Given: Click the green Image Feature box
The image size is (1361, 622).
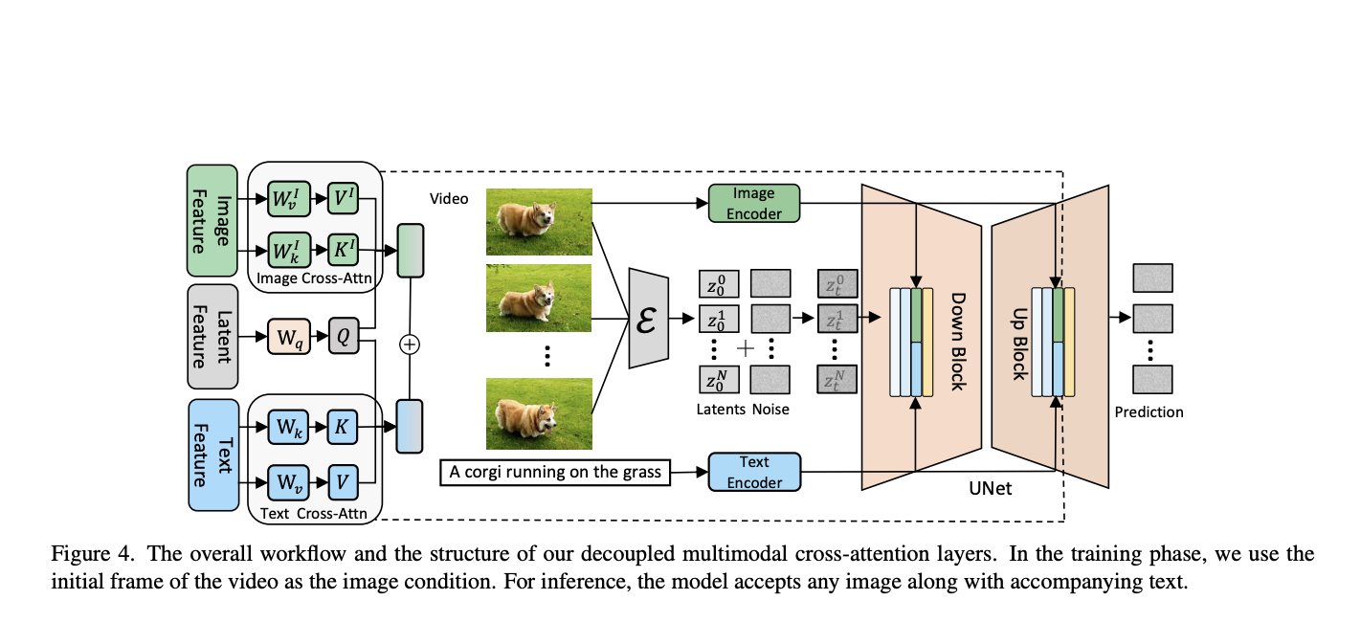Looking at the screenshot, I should click(212, 221).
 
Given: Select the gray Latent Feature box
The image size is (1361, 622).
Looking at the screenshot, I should click(212, 336).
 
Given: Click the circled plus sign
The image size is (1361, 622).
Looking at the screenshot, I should click(410, 344).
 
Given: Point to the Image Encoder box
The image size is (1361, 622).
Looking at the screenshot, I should click(753, 203).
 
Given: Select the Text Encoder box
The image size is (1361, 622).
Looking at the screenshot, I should click(753, 472).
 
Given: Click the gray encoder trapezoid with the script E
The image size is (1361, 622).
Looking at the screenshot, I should click(648, 318).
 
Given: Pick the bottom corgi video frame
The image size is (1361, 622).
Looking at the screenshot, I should click(540, 413).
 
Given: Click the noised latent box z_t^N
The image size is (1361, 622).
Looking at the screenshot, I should click(837, 382).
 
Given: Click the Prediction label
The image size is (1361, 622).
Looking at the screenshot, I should click(1149, 412).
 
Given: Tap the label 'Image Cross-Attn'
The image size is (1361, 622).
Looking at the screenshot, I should click(315, 279).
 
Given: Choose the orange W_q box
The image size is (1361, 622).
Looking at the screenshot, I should click(289, 337).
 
